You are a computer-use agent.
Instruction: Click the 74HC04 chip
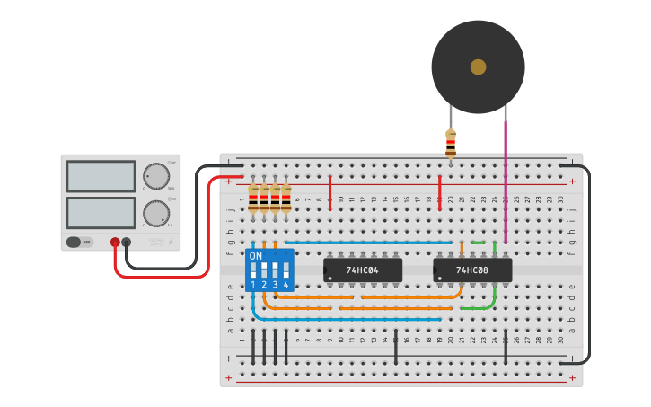pos(363,270)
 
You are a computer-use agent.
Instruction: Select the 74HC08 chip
pos(472,270)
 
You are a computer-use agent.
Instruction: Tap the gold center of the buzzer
pos(478,66)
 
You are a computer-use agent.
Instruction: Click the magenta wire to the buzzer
pos(506,180)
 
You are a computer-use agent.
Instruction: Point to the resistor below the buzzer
pos(451,144)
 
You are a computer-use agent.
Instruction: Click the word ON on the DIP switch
pos(256,256)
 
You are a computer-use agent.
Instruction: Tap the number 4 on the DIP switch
pos(286,284)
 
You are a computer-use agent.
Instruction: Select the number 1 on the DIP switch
pos(253,284)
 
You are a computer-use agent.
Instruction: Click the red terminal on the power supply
pos(115,242)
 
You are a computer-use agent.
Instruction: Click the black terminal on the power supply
pos(127,242)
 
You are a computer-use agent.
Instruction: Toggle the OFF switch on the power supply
pos(80,242)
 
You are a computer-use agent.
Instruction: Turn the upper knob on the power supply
pos(155,176)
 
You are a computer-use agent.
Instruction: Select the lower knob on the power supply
pos(155,213)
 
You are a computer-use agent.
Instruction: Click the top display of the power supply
pos(101,176)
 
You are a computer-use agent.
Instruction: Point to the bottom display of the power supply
pos(101,212)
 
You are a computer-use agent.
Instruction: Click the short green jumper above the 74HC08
pos(478,242)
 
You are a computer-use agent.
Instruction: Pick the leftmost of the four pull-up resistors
pos(253,198)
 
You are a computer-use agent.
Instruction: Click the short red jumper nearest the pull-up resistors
pos(330,192)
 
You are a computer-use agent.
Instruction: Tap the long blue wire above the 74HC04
pos(368,242)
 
